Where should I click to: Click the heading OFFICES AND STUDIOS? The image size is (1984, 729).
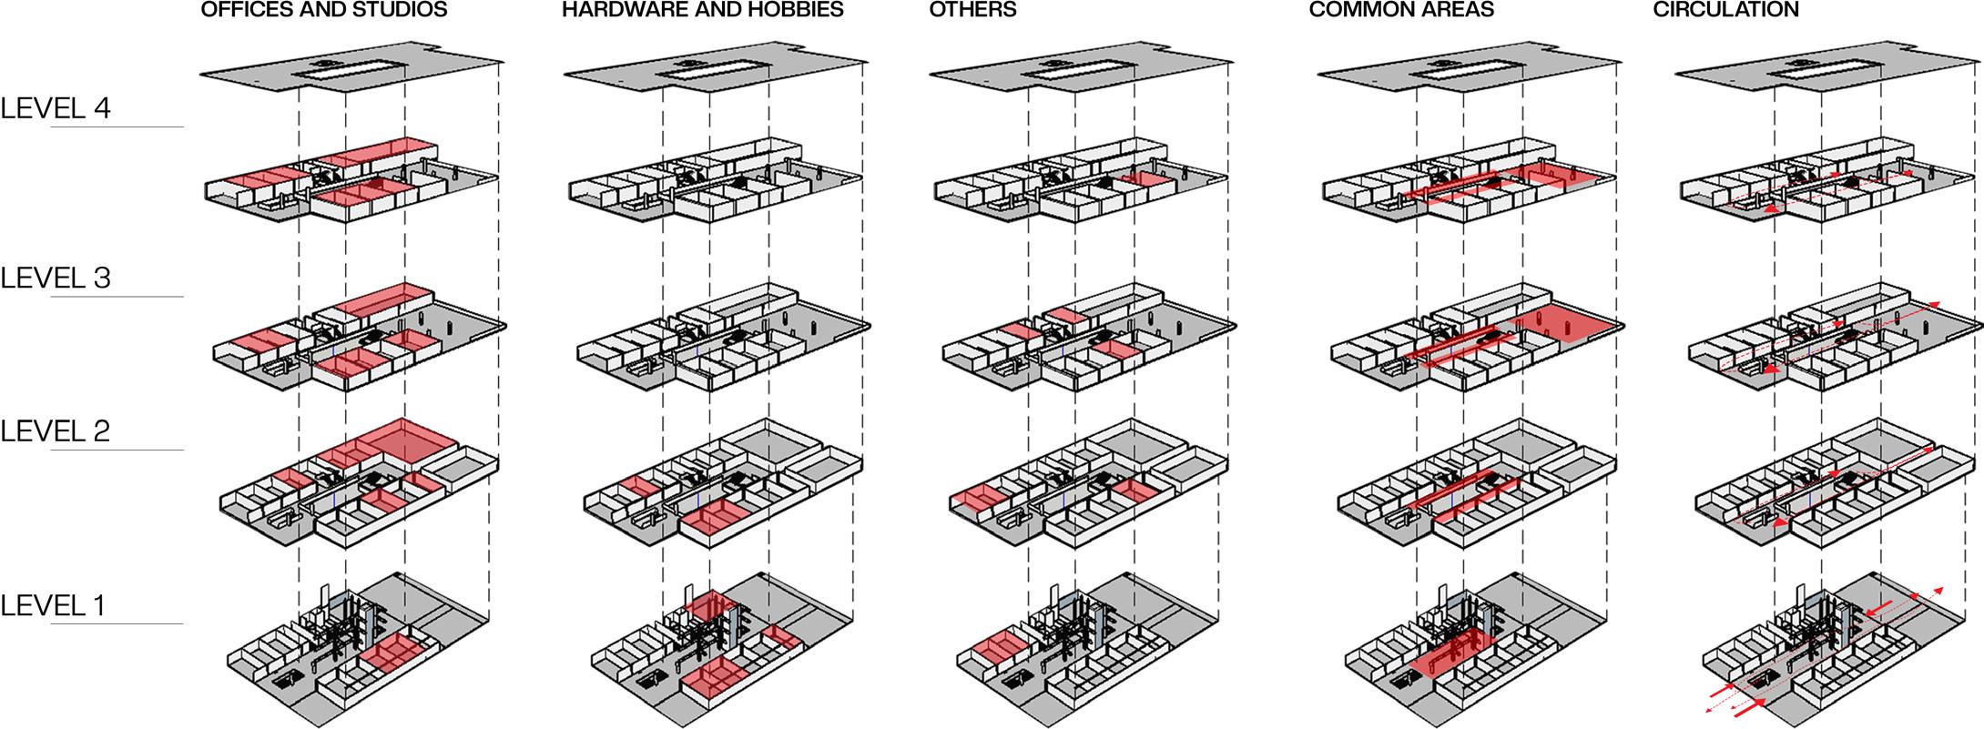coord(324,11)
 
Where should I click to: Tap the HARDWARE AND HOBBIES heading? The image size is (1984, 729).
coord(703,11)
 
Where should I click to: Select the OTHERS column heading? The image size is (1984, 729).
coord(972,11)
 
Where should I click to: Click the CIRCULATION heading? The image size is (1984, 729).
coord(1725,11)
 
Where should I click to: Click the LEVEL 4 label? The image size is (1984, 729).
coord(56,108)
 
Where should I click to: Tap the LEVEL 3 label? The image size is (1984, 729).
coord(56,278)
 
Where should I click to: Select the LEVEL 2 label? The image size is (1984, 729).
coord(56,430)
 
